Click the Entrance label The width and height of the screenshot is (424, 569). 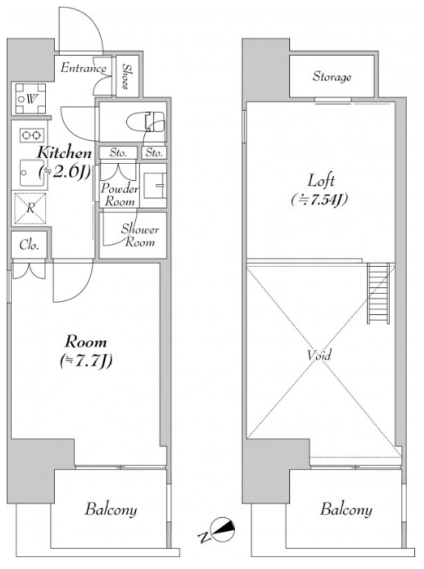(83, 68)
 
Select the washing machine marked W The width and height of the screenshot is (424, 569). (30, 99)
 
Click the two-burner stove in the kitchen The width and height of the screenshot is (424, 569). (32, 135)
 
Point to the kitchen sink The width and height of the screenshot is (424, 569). (33, 173)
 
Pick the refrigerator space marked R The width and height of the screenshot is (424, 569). (30, 208)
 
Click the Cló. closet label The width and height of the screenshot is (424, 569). (29, 245)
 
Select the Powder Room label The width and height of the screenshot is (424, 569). (120, 194)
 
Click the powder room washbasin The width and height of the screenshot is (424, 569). (154, 185)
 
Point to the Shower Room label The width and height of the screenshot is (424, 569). (140, 235)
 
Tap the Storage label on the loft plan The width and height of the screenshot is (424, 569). (332, 77)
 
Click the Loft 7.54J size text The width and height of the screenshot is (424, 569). (319, 199)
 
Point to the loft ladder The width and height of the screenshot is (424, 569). (378, 292)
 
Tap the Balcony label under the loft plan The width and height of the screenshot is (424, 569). (346, 509)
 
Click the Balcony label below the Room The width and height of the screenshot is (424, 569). (111, 509)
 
